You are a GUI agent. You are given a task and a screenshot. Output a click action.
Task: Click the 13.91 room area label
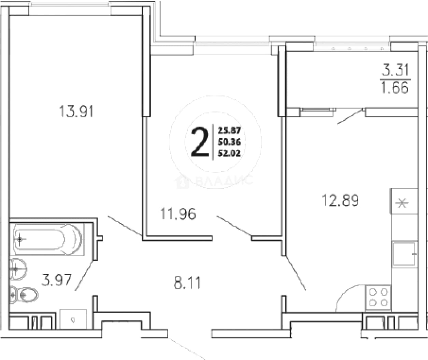coord(76,111)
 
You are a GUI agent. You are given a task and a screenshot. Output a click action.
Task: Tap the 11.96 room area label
coord(178,214)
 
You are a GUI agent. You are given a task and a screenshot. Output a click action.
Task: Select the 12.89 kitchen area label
coord(340,200)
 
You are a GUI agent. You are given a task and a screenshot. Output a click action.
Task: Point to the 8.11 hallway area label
coord(187,283)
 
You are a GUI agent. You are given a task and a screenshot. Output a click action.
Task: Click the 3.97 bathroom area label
coord(57,280)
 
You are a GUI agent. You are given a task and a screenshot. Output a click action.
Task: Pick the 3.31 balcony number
coord(395,70)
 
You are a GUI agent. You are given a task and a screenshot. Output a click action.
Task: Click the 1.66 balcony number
coord(395,87)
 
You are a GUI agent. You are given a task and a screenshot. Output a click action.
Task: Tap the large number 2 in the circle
coord(199,142)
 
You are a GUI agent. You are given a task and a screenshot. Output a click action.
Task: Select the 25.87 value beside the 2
coord(229,130)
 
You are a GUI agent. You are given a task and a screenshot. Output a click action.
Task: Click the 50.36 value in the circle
coord(229,142)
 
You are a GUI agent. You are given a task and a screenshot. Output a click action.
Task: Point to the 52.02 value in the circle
coord(229,153)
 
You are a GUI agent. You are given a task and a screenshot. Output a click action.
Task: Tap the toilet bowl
coord(24,295)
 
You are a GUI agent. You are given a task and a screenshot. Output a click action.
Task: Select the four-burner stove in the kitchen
coord(378,297)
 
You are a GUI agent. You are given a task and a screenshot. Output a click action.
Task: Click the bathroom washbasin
coord(18,269)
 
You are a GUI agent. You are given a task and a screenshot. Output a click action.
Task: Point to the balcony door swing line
coord(350,116)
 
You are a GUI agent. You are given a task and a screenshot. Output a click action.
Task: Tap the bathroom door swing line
coord(84,276)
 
